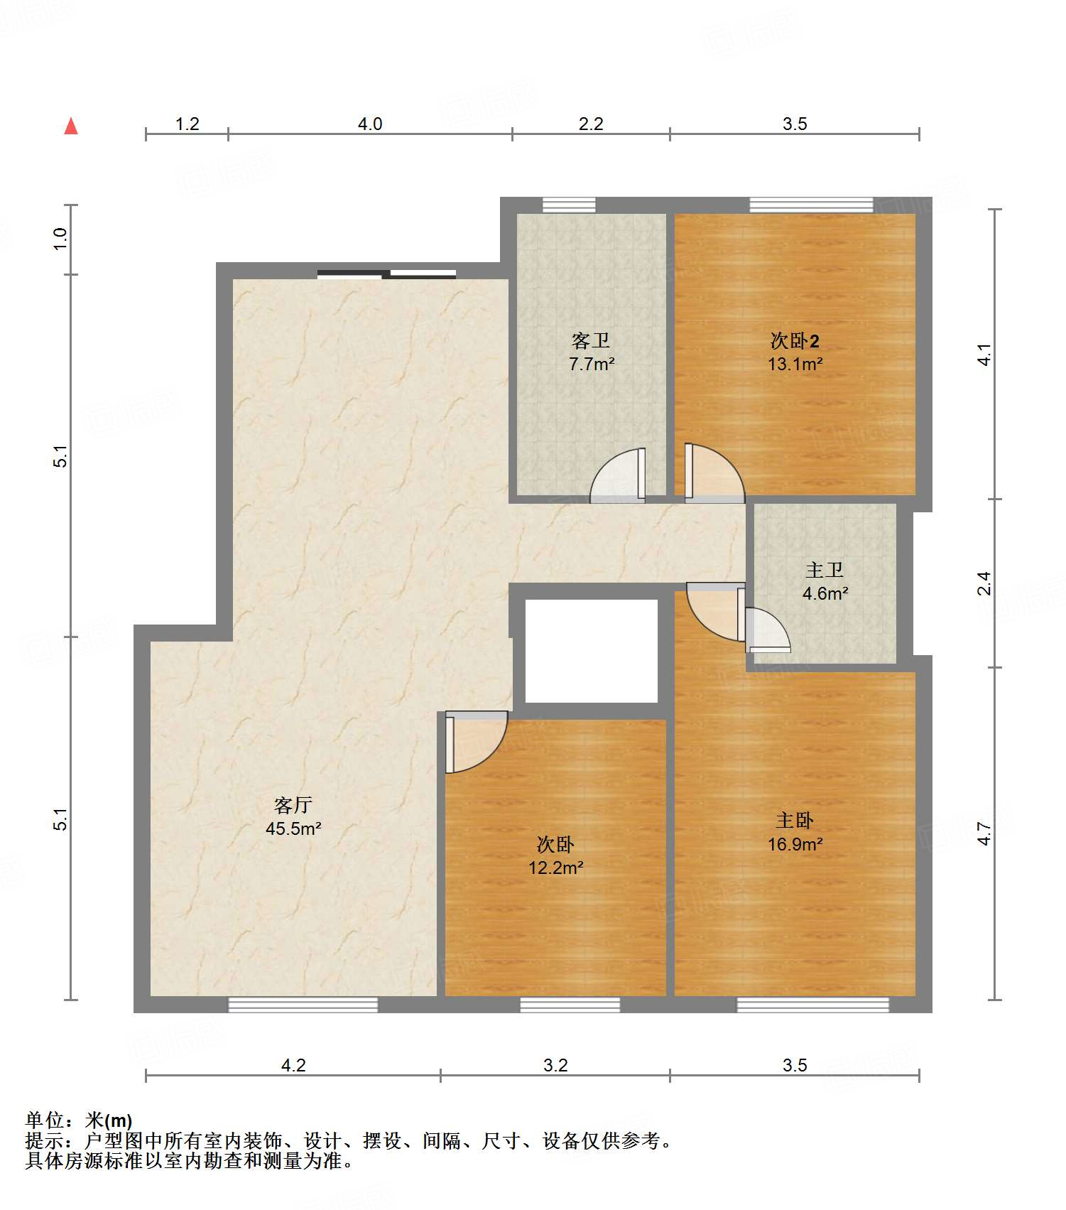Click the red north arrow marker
click(x=71, y=126)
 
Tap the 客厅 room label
click(x=293, y=805)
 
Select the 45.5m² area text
click(x=293, y=828)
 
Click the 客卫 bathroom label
click(x=591, y=341)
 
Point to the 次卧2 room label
click(x=795, y=341)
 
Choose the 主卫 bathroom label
click(x=825, y=570)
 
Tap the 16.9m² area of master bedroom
click(x=795, y=844)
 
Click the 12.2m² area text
click(x=555, y=868)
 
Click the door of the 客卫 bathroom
click(x=618, y=475)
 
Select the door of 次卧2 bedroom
click(x=714, y=472)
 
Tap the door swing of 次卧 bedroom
click(x=477, y=742)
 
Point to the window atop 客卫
click(x=569, y=205)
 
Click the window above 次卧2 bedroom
click(x=811, y=205)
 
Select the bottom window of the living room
click(x=303, y=1005)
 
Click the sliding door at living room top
click(x=386, y=274)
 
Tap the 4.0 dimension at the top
click(x=370, y=124)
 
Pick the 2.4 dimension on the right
click(x=984, y=583)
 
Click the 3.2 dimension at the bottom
click(x=555, y=1065)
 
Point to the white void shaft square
click(x=591, y=651)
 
